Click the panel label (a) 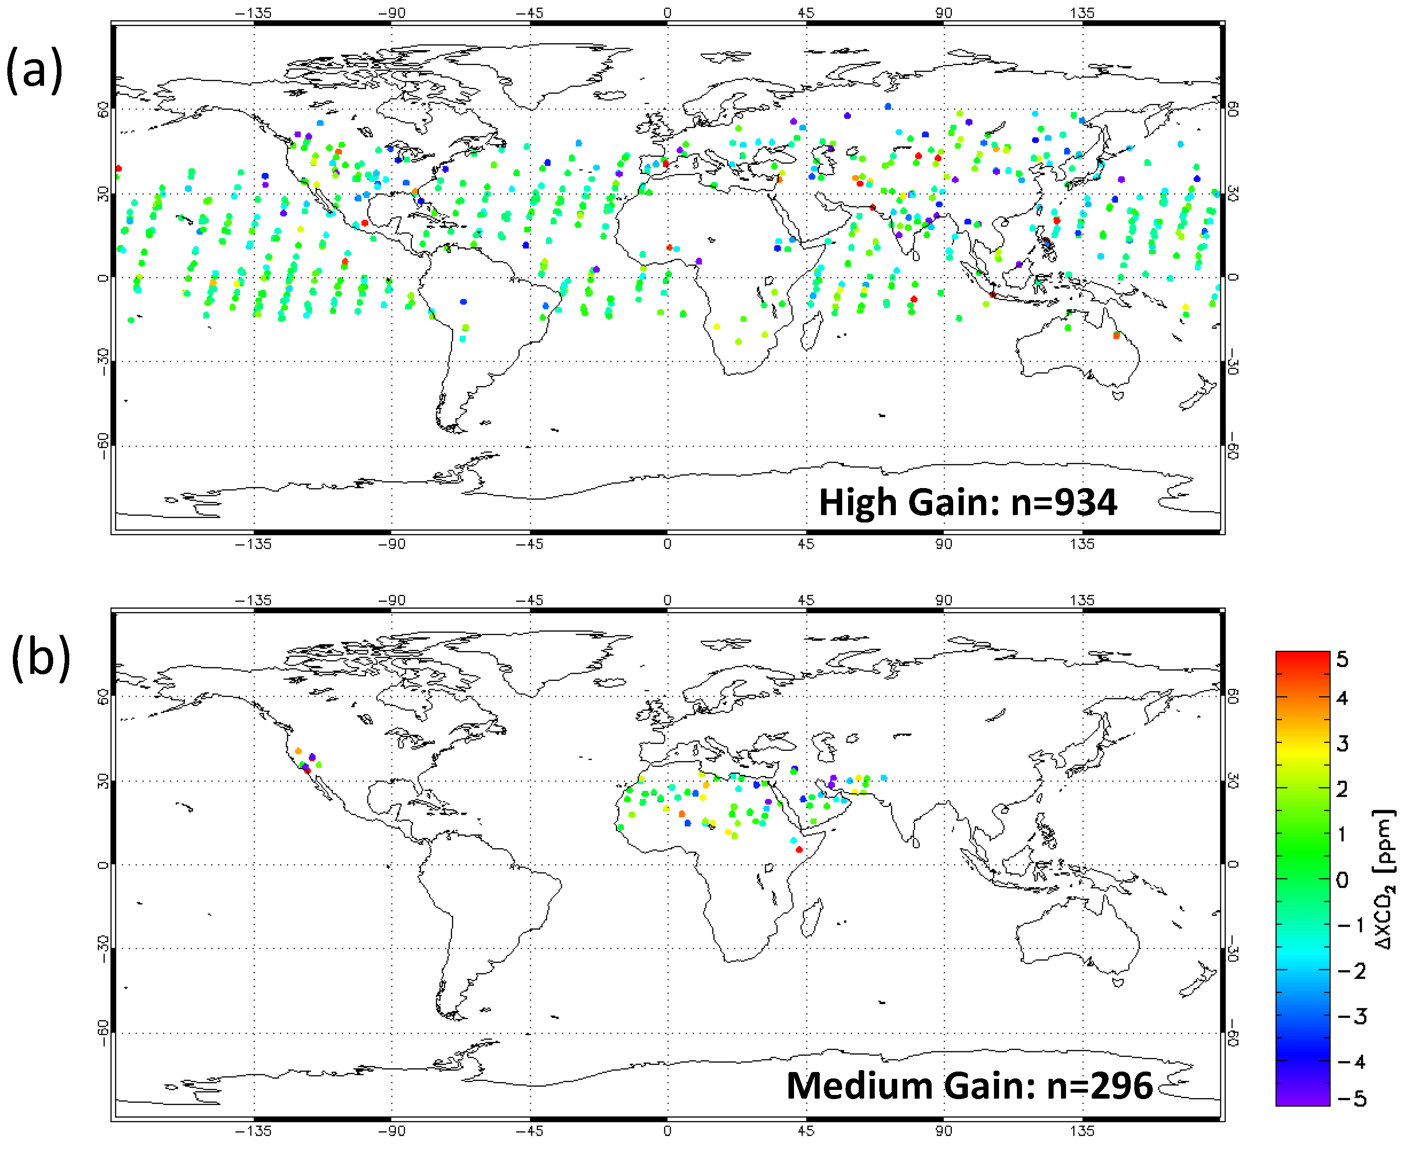point(34,70)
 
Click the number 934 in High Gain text point(1085,502)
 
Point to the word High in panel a point(859,502)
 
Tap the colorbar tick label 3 point(1342,743)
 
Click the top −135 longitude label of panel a point(254,12)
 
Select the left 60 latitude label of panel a point(103,110)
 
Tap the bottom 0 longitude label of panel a point(667,544)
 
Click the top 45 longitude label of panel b point(805,600)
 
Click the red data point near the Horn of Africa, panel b point(799,849)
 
